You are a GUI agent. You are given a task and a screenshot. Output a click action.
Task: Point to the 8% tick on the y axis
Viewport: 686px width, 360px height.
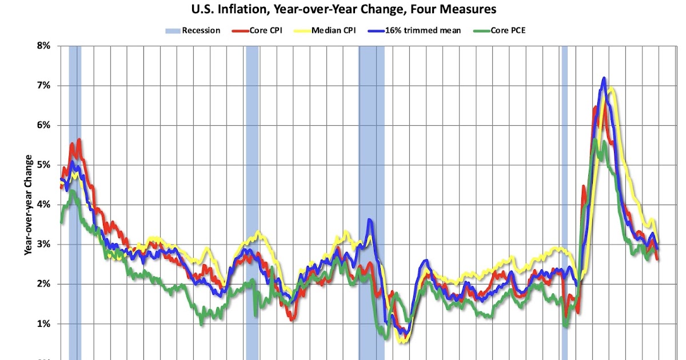coord(43,46)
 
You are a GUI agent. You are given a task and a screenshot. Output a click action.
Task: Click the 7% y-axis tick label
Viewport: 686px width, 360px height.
coord(43,86)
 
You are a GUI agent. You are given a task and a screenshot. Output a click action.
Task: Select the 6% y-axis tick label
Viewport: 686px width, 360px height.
coord(43,125)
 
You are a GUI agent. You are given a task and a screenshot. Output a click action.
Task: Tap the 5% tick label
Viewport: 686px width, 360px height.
coord(43,165)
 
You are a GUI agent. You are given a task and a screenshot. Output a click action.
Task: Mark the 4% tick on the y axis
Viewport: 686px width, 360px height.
coord(43,205)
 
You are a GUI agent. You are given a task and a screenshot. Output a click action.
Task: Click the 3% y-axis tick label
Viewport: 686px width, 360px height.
coord(43,245)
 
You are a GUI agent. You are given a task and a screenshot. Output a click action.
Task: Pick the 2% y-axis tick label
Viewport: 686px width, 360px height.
coord(43,284)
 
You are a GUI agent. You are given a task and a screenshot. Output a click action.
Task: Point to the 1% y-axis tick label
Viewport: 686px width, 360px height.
coord(43,324)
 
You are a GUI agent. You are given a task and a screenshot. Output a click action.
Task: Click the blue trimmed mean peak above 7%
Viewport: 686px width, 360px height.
coord(604,78)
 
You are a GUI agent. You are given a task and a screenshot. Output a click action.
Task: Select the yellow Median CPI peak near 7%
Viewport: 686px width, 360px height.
coord(612,89)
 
